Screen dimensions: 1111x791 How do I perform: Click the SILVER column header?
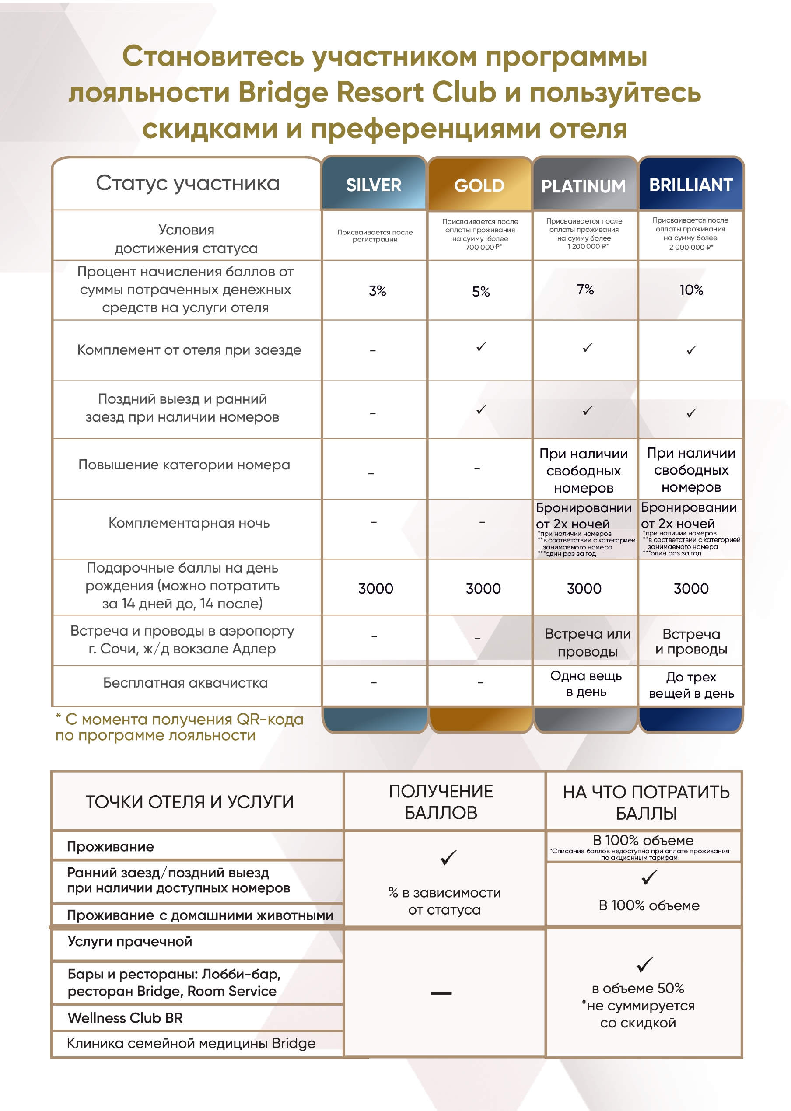[374, 185]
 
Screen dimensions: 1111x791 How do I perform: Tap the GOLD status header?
[479, 185]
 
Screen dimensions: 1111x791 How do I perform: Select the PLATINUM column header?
[584, 186]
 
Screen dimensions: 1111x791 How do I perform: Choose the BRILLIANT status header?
[691, 185]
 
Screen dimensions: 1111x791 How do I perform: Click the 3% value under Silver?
[377, 290]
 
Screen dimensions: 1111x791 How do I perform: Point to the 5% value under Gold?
[481, 292]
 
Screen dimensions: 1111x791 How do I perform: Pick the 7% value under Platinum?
[585, 290]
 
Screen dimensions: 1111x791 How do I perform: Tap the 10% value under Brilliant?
[691, 290]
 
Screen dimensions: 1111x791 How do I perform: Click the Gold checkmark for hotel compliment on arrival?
[481, 346]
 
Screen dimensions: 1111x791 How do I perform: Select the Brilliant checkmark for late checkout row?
[691, 413]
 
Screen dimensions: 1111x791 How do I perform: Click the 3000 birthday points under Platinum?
[584, 589]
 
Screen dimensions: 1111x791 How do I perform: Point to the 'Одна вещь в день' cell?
[586, 684]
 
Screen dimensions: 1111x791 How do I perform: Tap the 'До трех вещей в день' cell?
[691, 685]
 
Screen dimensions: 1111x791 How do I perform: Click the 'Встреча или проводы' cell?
[588, 642]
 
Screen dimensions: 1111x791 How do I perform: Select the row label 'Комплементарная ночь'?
[189, 523]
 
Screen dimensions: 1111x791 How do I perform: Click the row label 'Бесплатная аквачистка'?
[185, 683]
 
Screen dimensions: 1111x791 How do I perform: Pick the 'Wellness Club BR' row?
[125, 1018]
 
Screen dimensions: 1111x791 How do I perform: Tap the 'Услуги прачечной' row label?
[129, 942]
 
